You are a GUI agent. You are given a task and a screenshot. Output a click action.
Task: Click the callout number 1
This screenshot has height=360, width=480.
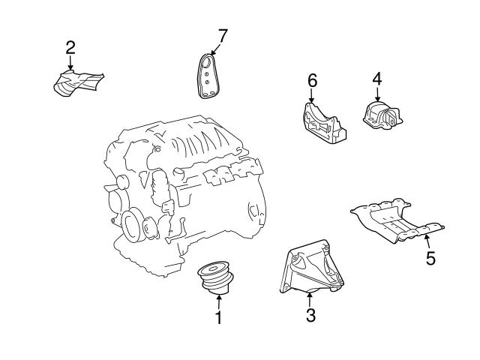pyautogui.click(x=218, y=318)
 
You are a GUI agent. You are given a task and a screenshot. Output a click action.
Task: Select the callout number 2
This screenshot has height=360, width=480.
pyautogui.click(x=70, y=48)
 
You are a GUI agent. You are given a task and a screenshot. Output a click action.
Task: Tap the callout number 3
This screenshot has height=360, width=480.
pyautogui.click(x=310, y=315)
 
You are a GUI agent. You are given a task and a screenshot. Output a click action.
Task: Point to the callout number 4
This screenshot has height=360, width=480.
pyautogui.click(x=377, y=79)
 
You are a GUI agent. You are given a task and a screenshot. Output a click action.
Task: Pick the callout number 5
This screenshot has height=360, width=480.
pyautogui.click(x=430, y=258)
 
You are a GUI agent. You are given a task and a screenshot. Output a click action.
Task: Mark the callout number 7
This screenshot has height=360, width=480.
pyautogui.click(x=223, y=36)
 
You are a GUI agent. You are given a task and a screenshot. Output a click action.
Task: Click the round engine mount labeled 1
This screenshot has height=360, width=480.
pyautogui.click(x=215, y=278)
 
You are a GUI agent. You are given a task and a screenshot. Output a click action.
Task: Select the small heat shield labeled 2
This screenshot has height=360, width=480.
pyautogui.click(x=78, y=83)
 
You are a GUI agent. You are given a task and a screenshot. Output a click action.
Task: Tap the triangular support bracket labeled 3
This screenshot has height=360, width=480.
pyautogui.click(x=312, y=267)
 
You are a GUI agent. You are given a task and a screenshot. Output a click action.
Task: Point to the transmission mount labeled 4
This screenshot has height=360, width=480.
pyautogui.click(x=382, y=115)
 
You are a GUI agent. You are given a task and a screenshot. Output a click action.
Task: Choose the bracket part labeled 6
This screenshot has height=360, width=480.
pyautogui.click(x=323, y=124)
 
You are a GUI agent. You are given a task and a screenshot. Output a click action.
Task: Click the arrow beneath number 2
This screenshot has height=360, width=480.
pyautogui.click(x=70, y=63)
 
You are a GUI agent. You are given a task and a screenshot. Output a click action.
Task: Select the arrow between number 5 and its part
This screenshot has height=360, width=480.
pyautogui.click(x=427, y=241)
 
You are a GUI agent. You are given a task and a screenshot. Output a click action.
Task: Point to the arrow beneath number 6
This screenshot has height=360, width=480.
pyautogui.click(x=312, y=96)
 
